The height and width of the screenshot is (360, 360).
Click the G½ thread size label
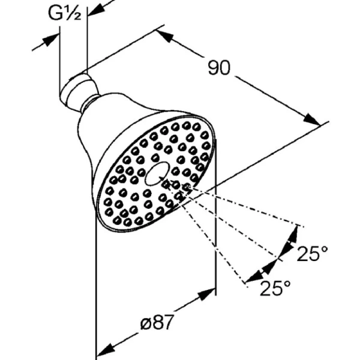click(x=65, y=13)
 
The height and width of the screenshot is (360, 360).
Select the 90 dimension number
click(x=219, y=67)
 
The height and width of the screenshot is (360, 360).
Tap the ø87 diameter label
click(x=157, y=322)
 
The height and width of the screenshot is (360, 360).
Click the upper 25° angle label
click(x=312, y=253)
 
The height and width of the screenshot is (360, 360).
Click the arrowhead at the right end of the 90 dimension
click(x=312, y=119)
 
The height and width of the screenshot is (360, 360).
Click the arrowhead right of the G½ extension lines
click(x=96, y=9)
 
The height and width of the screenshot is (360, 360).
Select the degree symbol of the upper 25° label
click(x=324, y=248)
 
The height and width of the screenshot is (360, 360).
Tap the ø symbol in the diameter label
click(x=146, y=323)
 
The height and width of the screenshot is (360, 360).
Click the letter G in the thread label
click(x=55, y=13)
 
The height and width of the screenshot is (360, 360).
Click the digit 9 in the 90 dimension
click(x=213, y=67)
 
